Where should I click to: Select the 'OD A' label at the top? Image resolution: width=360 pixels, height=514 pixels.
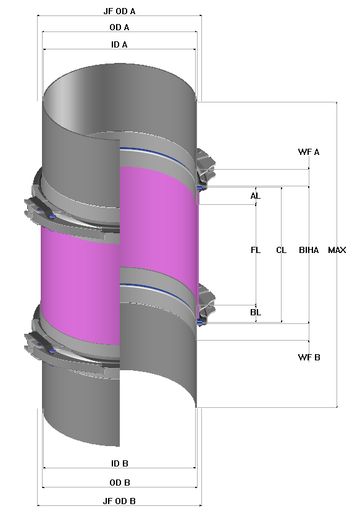tap(119, 27)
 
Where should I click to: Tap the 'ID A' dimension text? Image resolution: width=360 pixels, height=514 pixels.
tap(119, 44)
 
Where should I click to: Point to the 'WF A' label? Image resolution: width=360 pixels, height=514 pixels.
tap(309, 152)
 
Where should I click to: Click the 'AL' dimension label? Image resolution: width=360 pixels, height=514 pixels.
tap(256, 196)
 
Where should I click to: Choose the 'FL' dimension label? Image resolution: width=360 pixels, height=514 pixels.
tap(256, 250)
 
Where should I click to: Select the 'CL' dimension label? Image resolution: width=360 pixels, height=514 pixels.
tap(282, 250)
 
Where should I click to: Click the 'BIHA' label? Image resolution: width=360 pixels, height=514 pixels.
tap(309, 250)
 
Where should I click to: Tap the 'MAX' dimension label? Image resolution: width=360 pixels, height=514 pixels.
tap(337, 250)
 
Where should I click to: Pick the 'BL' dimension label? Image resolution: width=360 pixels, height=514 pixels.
tap(256, 312)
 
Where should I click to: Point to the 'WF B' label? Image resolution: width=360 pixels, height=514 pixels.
tap(309, 357)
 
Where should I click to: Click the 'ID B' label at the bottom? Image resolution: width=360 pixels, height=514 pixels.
tap(119, 463)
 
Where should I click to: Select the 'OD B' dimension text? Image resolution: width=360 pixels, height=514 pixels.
tap(119, 483)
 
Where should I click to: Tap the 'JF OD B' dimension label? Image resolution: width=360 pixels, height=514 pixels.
tap(119, 501)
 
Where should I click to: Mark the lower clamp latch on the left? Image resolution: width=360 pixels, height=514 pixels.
tap(46, 346)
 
